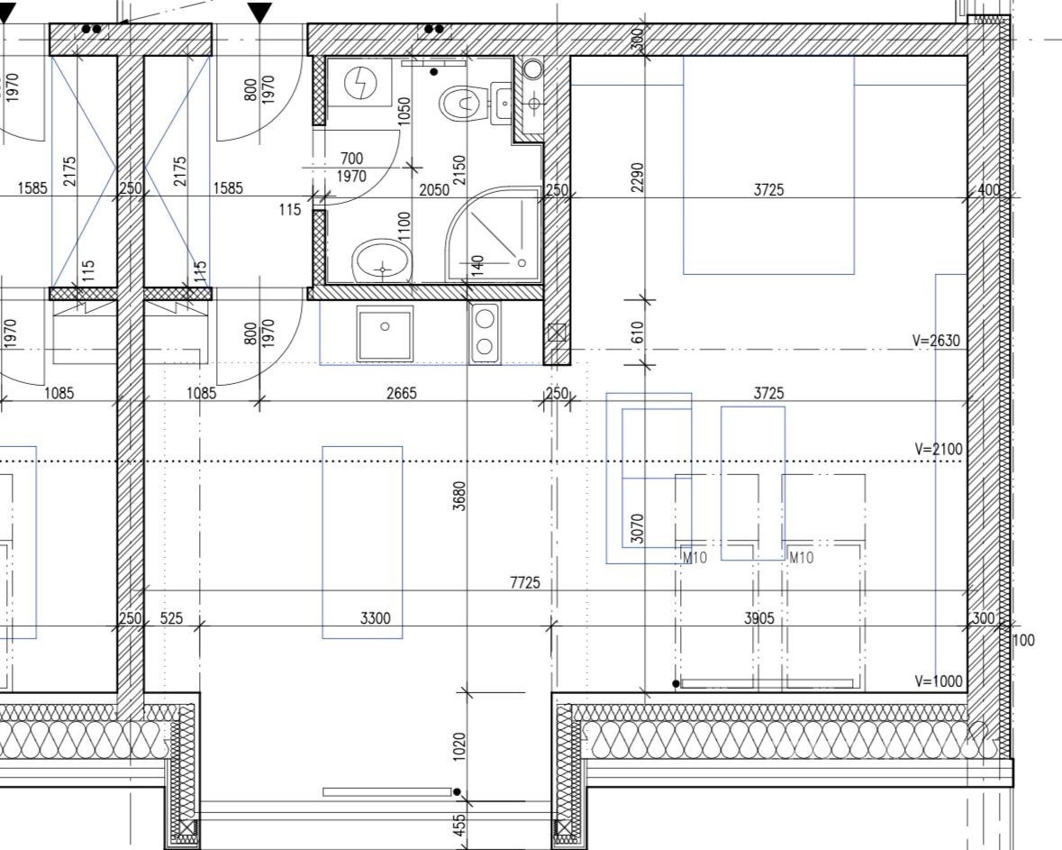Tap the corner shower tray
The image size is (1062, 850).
(x=493, y=234)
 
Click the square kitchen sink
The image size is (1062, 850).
(x=385, y=333)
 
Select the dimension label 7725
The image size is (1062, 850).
(x=525, y=582)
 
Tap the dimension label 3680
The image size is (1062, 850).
(x=459, y=496)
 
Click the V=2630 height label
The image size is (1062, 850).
(x=937, y=341)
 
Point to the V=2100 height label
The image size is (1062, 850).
(x=938, y=449)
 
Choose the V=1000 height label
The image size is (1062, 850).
(x=938, y=681)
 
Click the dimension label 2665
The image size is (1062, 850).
(x=402, y=392)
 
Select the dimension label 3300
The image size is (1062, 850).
(x=376, y=618)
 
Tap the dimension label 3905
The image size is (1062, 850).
(x=758, y=618)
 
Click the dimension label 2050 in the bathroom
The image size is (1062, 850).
(x=434, y=190)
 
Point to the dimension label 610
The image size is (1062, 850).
(x=637, y=332)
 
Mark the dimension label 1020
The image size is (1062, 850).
(x=459, y=746)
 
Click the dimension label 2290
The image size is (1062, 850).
(x=637, y=177)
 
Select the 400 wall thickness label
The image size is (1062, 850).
(x=989, y=190)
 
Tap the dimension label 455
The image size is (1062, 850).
(x=459, y=826)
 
